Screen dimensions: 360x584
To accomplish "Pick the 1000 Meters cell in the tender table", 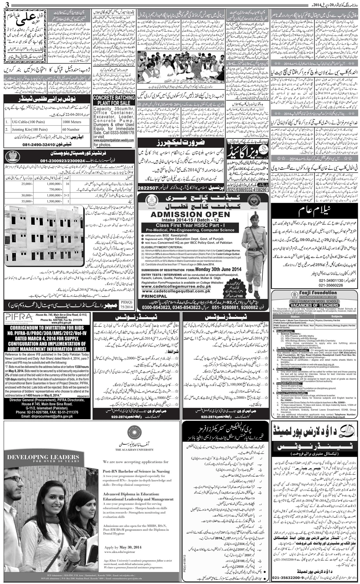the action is (x=72, y=122).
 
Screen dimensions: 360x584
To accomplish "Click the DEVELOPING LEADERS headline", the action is (x=43, y=458).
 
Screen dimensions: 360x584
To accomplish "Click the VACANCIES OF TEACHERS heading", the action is (x=315, y=305).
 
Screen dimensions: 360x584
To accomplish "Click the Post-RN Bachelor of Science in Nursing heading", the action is (x=136, y=471).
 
